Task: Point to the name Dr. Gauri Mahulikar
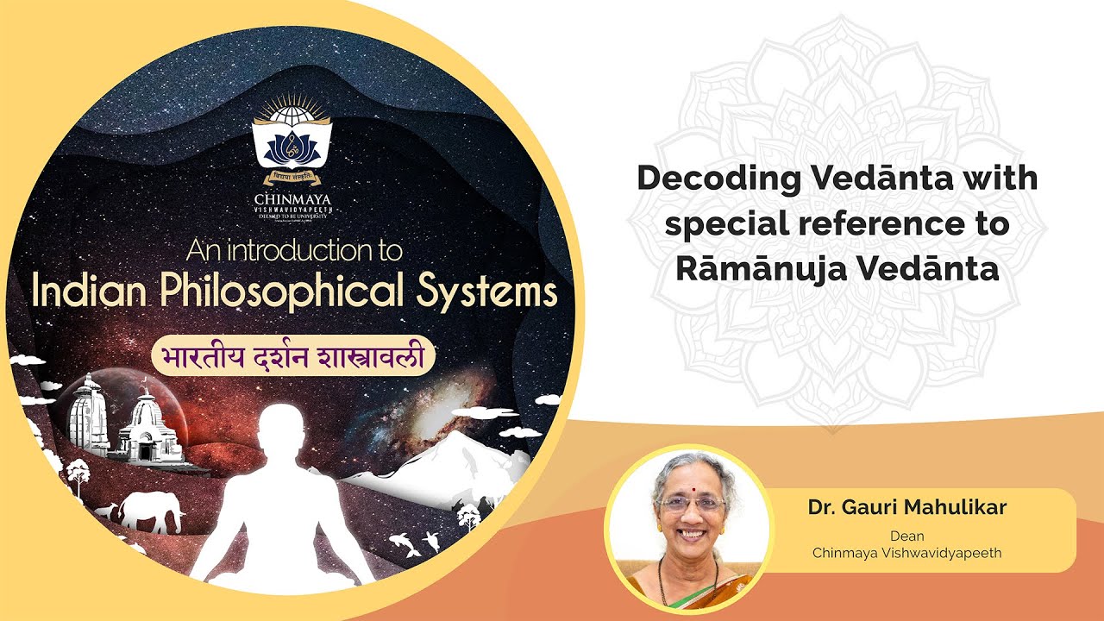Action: [x=906, y=507]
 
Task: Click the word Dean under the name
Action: [x=906, y=536]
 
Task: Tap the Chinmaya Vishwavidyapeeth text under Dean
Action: [x=906, y=553]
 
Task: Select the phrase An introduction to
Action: [x=293, y=251]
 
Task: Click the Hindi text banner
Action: [x=292, y=355]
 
